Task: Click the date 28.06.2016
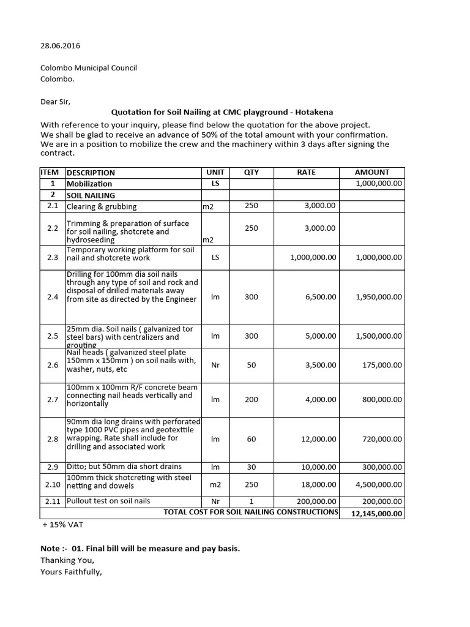point(60,46)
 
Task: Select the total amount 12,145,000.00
point(376,514)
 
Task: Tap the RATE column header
point(306,173)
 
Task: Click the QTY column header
point(252,173)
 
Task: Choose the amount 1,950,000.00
point(379,297)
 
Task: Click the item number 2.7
point(52,400)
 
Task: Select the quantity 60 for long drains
point(252,439)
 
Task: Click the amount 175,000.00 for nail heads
point(381,365)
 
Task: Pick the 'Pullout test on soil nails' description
point(108,501)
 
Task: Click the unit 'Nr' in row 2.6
point(215,365)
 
